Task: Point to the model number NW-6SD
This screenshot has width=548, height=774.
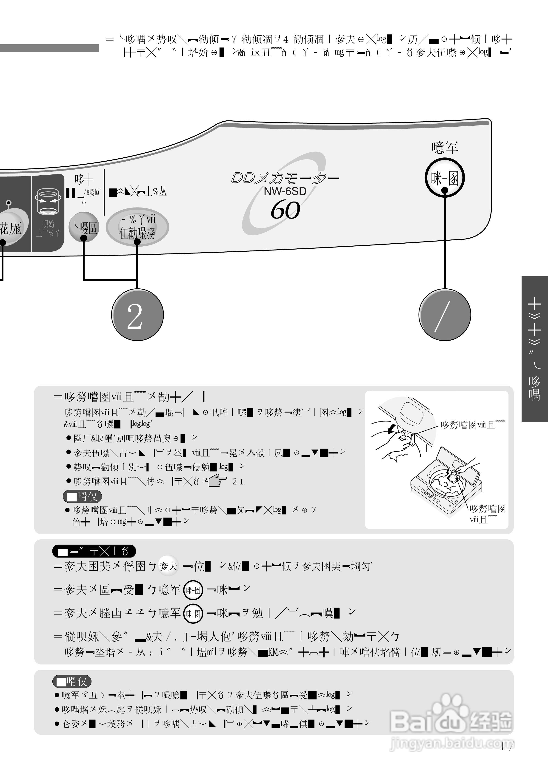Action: click(285, 191)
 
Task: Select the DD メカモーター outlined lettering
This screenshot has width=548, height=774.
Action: click(285, 178)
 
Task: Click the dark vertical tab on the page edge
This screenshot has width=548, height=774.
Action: click(534, 349)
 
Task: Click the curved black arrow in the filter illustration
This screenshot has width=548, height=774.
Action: click(391, 429)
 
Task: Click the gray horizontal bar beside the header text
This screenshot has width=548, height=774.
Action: click(50, 48)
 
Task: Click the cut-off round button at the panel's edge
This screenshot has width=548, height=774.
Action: click(12, 229)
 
